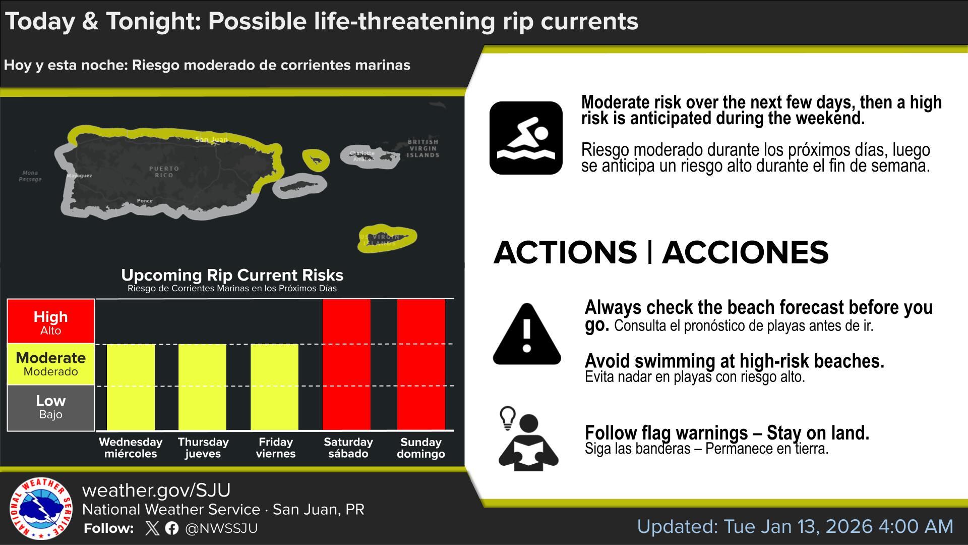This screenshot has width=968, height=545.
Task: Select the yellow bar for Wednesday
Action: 131,387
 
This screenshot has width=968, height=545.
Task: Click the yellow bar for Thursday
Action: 202,387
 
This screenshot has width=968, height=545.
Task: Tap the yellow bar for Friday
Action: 274,387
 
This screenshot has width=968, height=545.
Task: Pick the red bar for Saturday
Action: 346,364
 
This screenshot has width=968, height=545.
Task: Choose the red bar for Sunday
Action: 421,364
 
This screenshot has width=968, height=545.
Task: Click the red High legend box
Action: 51,321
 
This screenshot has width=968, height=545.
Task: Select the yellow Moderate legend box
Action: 51,364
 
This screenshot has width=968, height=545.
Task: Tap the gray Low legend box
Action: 51,408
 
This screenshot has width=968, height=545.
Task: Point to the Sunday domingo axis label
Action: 421,448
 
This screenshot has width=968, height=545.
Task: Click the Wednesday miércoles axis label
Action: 131,448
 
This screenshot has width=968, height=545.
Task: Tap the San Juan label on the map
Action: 212,139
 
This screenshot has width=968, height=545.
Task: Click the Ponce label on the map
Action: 145,201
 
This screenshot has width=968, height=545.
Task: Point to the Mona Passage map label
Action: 30,176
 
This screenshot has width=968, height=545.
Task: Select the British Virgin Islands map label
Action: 423,148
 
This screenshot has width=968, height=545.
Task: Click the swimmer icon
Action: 526,138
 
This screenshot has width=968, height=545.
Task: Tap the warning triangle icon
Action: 527,334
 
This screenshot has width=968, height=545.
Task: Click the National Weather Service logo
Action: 41,508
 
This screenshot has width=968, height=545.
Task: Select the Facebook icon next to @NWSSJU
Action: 171,528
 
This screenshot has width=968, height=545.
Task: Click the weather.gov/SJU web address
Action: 156,490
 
